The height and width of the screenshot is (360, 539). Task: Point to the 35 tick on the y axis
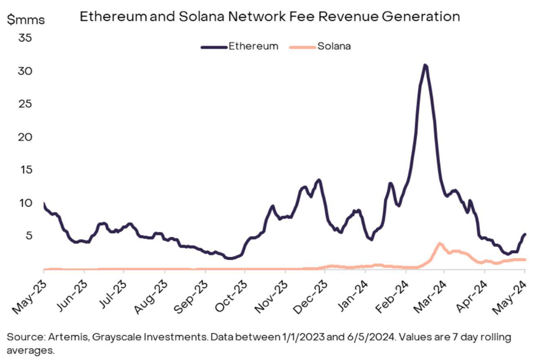point(25,38)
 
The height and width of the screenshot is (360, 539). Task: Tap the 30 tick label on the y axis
point(25,71)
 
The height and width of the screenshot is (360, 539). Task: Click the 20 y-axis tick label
point(25,137)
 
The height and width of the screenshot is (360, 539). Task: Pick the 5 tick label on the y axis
point(27,235)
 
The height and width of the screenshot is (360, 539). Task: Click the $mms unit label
point(26,20)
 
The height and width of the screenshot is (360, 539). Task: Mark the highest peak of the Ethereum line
point(425,65)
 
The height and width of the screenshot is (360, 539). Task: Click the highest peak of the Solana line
point(439,244)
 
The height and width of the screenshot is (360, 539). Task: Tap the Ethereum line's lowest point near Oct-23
point(230,258)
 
